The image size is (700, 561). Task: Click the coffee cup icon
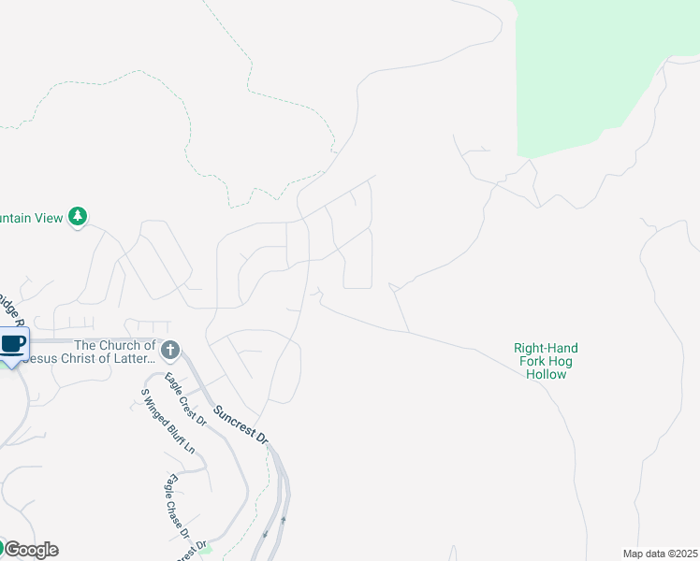point(12,344)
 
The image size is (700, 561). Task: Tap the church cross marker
point(169,351)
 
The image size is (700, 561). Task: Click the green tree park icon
point(79,217)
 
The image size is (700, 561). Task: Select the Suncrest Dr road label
point(241,424)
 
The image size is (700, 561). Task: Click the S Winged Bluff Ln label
point(168,421)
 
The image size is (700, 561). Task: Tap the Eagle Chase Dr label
point(176,508)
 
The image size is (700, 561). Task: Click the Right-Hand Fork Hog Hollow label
point(547,361)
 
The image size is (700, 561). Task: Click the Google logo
point(30,550)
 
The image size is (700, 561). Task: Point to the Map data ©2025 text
point(660,554)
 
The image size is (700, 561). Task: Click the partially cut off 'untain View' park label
point(32,218)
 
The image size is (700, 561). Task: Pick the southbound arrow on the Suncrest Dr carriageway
point(266,534)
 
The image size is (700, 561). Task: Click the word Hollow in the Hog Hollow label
point(547,374)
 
